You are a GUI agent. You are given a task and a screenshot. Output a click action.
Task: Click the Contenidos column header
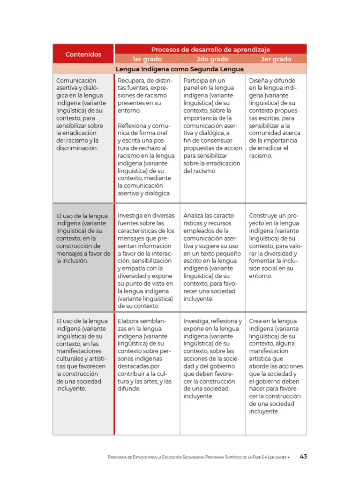tap(83, 54)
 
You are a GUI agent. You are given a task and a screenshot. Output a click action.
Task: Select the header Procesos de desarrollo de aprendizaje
tap(210, 49)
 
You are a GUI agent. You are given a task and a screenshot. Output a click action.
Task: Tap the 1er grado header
tap(147, 59)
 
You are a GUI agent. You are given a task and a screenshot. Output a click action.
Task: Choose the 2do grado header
tap(212, 59)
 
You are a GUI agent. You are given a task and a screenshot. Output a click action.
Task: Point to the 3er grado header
tap(276, 59)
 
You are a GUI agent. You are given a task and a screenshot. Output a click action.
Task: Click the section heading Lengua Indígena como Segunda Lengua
tap(180, 69)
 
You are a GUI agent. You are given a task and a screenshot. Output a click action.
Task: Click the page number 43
tap(303, 457)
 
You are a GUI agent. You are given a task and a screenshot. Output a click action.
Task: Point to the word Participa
tap(197, 81)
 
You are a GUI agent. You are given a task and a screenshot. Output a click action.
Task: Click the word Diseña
tap(260, 81)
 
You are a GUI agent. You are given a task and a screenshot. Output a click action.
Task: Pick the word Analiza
tap(195, 216)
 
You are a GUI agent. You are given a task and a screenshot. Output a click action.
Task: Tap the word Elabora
tap(129, 321)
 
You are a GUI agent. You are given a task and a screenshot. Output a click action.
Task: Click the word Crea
tap(256, 321)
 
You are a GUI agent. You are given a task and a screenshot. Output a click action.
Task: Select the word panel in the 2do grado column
tap(192, 88)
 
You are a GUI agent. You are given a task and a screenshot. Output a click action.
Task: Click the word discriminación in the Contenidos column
tap(77, 148)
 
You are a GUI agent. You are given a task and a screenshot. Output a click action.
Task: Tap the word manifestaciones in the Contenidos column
tap(78, 351)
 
